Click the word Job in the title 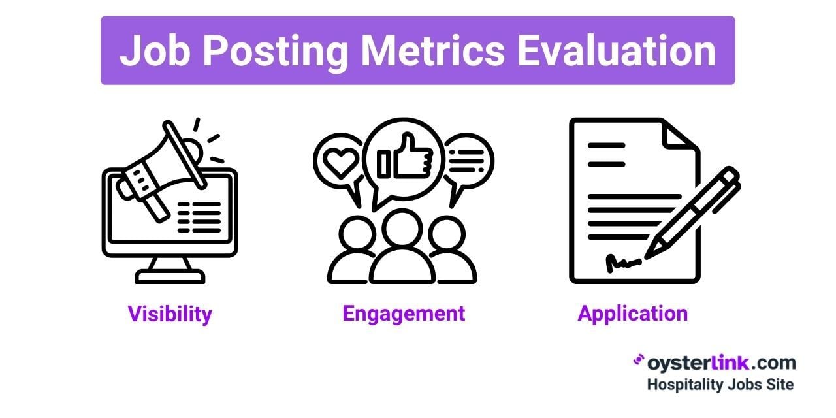click(154, 50)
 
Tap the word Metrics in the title click(433, 51)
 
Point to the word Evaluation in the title click(617, 51)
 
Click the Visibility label click(170, 314)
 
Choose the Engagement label click(404, 314)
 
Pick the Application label click(633, 314)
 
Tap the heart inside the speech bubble click(340, 163)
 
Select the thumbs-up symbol click(405, 156)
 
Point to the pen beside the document click(693, 213)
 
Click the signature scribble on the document click(622, 263)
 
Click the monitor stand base click(170, 277)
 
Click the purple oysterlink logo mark click(639, 360)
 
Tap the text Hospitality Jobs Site click(720, 385)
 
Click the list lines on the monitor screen click(199, 217)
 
